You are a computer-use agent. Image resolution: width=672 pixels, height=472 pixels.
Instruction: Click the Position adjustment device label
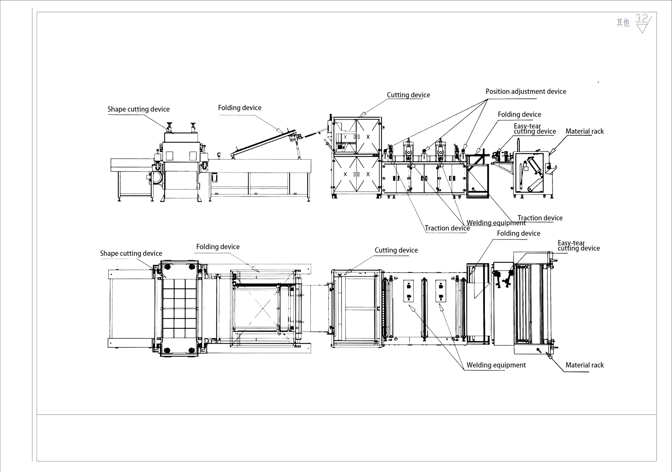(x=526, y=92)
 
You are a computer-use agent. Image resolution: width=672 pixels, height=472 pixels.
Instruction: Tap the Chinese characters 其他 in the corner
(x=623, y=22)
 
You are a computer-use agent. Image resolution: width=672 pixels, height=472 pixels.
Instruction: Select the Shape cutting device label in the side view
(x=139, y=109)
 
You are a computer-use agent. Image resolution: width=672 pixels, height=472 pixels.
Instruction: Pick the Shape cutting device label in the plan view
(x=131, y=253)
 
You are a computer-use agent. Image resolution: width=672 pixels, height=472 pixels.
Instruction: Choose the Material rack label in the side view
(x=584, y=131)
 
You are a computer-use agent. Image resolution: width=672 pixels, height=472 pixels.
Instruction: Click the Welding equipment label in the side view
(x=496, y=223)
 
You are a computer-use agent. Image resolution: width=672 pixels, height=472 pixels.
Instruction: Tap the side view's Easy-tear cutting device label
(x=534, y=129)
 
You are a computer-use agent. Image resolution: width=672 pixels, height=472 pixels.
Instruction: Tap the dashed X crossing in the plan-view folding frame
(x=263, y=309)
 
